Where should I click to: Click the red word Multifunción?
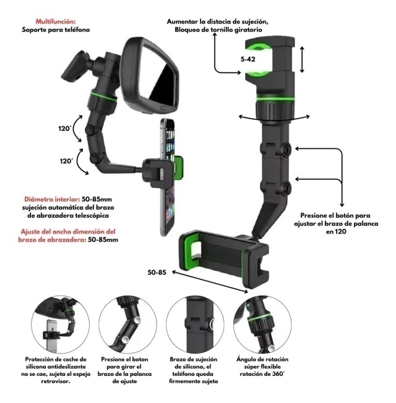pos(56,20)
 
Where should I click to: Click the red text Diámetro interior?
pos(51,200)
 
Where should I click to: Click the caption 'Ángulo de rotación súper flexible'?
pos(263,363)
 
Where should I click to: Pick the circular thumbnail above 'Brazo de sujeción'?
pos(194,323)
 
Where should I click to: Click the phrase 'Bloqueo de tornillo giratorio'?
pos(217,30)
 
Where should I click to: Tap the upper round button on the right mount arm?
pos(288,148)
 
